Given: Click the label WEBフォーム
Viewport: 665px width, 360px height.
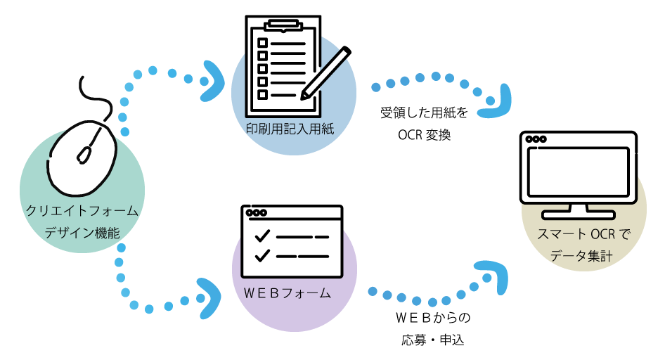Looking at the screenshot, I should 288,292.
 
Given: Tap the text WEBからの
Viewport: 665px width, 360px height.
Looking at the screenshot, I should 433,318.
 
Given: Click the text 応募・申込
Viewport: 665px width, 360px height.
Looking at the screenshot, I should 433,340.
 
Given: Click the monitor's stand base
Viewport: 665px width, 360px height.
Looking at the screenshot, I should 578,214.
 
